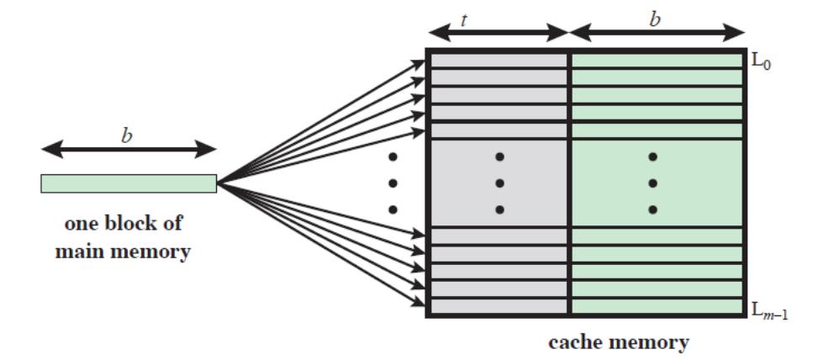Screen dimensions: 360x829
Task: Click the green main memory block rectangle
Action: click(129, 183)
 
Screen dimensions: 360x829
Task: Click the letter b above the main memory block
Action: click(127, 135)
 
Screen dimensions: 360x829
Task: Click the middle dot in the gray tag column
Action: click(499, 183)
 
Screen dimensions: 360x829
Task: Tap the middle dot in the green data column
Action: click(652, 183)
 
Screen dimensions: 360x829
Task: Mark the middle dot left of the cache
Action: click(392, 183)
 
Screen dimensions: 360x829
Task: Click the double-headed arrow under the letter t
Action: click(499, 34)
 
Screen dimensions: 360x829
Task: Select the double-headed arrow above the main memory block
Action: click(129, 151)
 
